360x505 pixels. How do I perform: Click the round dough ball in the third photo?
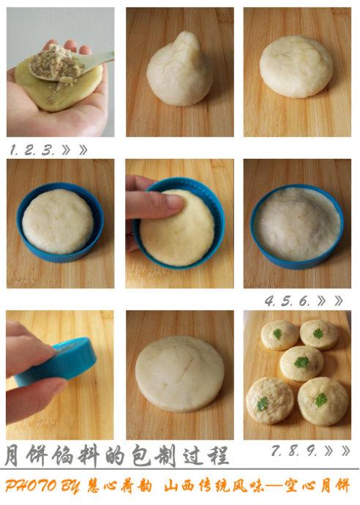(296, 67)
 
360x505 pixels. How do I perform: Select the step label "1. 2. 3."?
(32, 150)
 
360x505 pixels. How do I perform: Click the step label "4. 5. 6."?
(287, 301)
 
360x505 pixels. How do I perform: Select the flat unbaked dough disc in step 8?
(180, 374)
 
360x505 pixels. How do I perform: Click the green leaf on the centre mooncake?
(301, 362)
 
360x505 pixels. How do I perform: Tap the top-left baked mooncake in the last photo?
(280, 335)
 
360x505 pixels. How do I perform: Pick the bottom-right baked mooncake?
(323, 401)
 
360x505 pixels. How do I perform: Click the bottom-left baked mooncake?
(270, 401)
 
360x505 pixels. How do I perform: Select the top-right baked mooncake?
(319, 334)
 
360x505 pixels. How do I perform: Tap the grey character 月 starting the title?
(12, 455)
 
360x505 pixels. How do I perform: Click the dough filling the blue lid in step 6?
(297, 223)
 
